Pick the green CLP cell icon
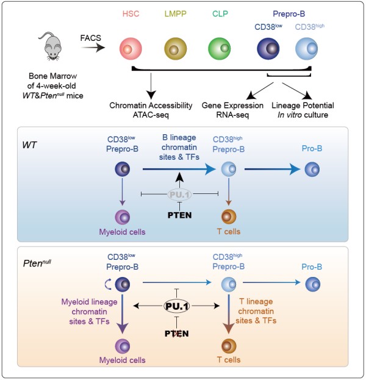point(219,48)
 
